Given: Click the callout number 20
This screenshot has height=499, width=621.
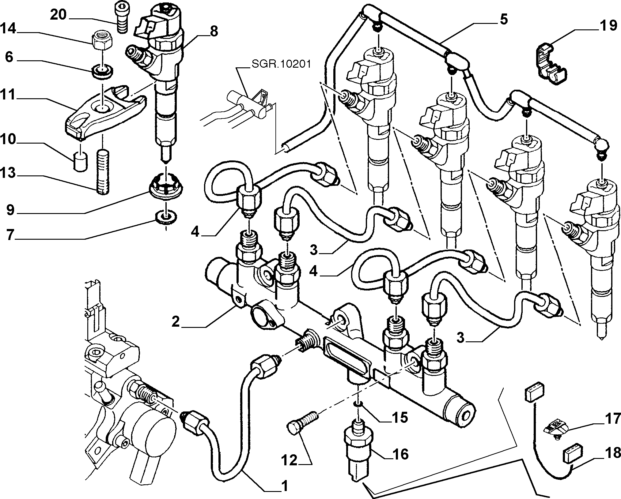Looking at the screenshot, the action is pos(58,15).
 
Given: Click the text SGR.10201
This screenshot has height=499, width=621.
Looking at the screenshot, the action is pos(281,64).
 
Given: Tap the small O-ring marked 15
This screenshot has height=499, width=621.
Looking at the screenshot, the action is pos(358,405).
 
